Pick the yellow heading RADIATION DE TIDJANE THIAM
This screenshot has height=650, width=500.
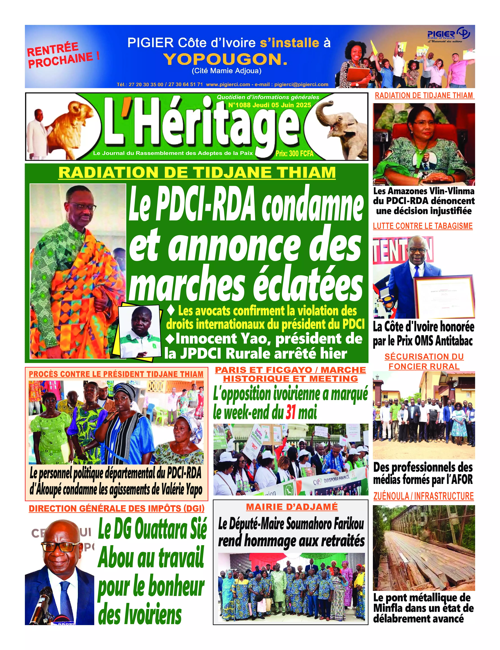(197, 173)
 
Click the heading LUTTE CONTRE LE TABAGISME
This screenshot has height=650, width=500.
(423, 226)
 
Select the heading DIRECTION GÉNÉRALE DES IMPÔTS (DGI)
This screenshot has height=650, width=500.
(117, 508)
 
